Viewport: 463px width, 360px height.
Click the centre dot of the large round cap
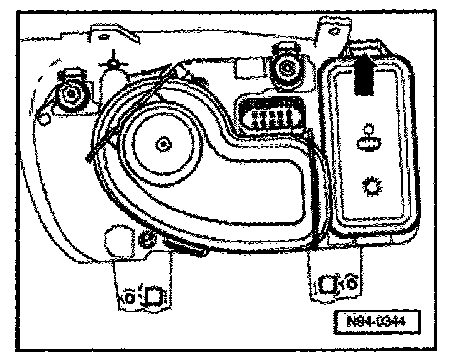pyautogui.click(x=163, y=145)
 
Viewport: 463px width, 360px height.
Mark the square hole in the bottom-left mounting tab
pyautogui.click(x=154, y=293)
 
